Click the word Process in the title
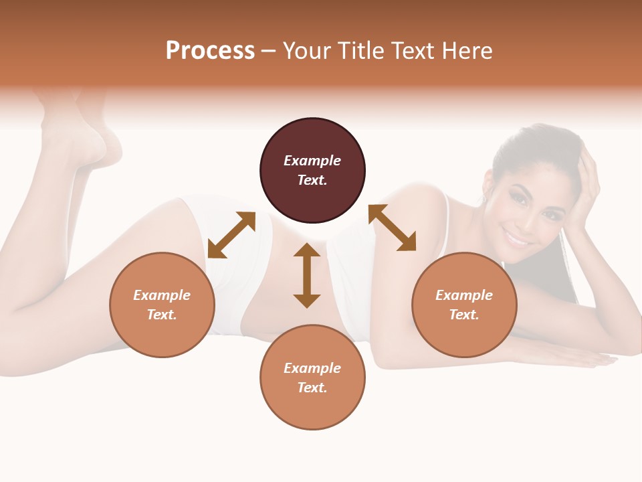[x=210, y=51]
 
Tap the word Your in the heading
[x=307, y=51]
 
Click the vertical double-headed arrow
[x=307, y=275]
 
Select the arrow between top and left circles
[x=231, y=234]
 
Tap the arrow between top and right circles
[x=393, y=228]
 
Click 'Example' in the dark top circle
[x=312, y=161]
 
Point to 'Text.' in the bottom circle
[x=312, y=388]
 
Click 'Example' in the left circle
[x=162, y=295]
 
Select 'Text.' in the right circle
[x=464, y=315]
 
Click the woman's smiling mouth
[x=518, y=238]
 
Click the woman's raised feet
[x=80, y=127]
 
